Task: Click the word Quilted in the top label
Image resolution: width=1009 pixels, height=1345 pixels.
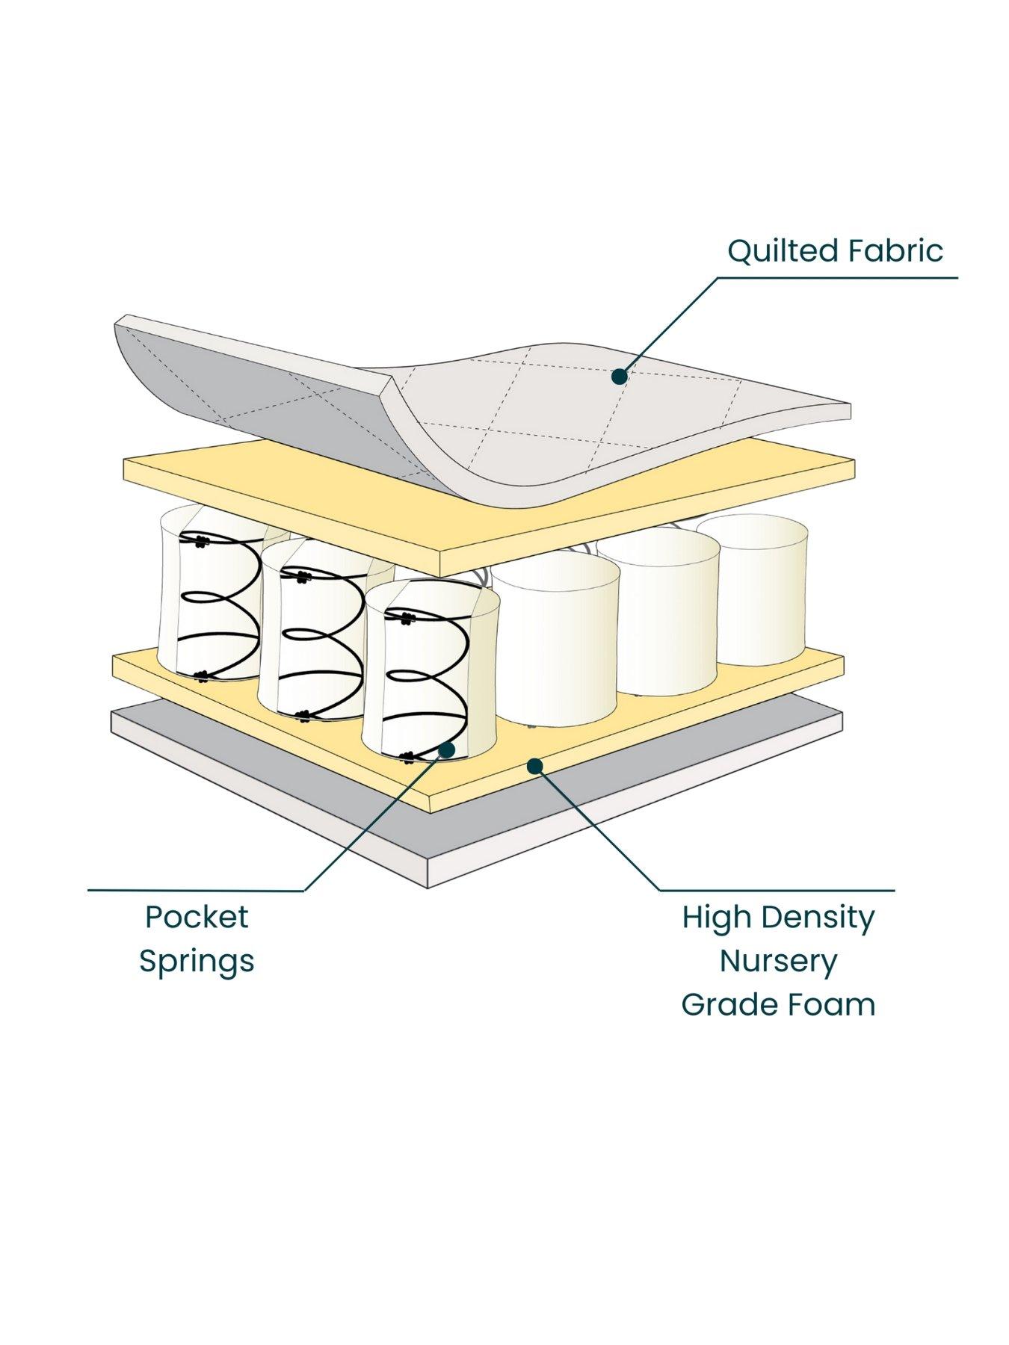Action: pos(772,251)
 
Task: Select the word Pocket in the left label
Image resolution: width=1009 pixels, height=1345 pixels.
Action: pos(197,917)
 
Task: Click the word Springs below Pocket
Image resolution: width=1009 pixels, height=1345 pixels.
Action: pos(197,961)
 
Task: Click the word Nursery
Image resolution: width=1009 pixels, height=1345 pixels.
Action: pos(778,961)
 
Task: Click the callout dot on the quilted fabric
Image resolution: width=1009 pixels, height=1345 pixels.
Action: pos(619,377)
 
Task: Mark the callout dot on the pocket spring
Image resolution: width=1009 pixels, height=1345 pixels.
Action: pos(447,749)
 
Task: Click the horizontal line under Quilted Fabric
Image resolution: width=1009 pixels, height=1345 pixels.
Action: pos(837,278)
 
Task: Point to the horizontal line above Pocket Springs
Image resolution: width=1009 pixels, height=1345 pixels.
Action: pos(194,890)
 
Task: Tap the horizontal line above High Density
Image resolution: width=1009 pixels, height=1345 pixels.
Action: pos(777,890)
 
